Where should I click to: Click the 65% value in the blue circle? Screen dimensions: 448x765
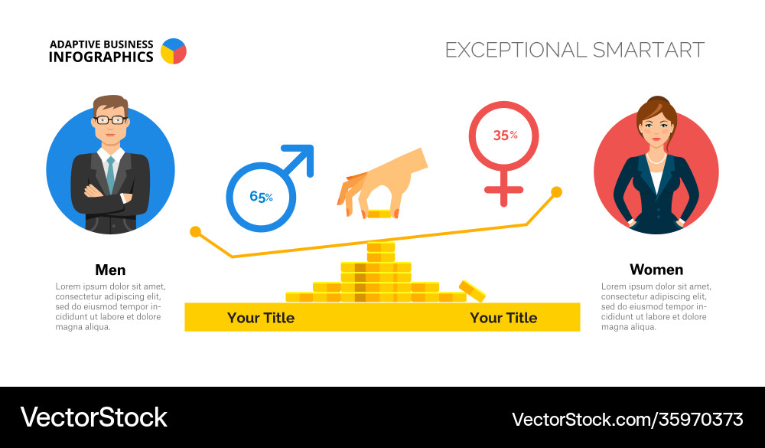pyautogui.click(x=261, y=197)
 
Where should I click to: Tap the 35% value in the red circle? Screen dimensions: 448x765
pyautogui.click(x=505, y=136)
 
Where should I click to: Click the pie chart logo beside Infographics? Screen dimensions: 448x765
pyautogui.click(x=174, y=51)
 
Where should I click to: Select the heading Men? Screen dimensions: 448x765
pyautogui.click(x=110, y=270)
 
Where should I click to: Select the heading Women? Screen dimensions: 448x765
pyautogui.click(x=656, y=270)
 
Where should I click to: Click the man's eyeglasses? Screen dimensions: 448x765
pyautogui.click(x=110, y=120)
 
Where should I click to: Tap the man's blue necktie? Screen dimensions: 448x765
pyautogui.click(x=111, y=175)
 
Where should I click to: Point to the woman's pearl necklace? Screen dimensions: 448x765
pyautogui.click(x=656, y=160)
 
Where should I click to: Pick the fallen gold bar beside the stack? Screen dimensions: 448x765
pyautogui.click(x=472, y=291)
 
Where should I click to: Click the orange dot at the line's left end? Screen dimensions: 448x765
pyautogui.click(x=196, y=231)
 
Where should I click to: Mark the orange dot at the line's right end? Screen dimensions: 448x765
pyautogui.click(x=557, y=191)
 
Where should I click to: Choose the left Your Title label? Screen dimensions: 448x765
pyautogui.click(x=260, y=318)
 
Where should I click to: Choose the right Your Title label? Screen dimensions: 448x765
pyautogui.click(x=503, y=318)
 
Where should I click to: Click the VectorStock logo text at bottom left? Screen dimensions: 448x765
pyautogui.click(x=93, y=417)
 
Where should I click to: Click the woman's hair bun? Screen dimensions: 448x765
pyautogui.click(x=656, y=101)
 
